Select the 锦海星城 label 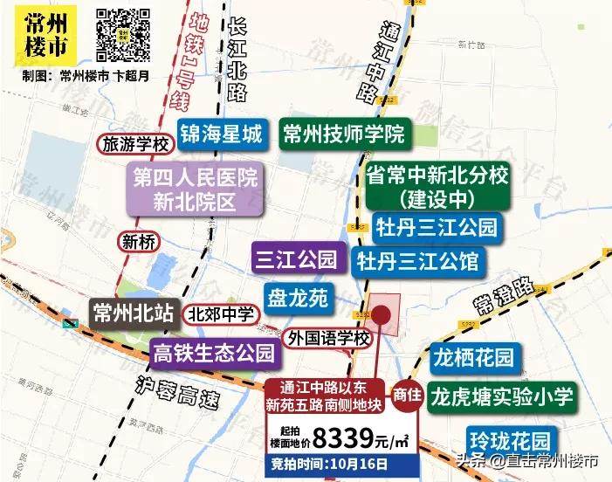221,134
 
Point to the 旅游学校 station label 135,144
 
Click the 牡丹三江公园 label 437,228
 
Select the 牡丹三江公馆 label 418,260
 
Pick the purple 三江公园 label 295,258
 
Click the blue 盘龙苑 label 297,299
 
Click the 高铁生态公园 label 214,354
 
